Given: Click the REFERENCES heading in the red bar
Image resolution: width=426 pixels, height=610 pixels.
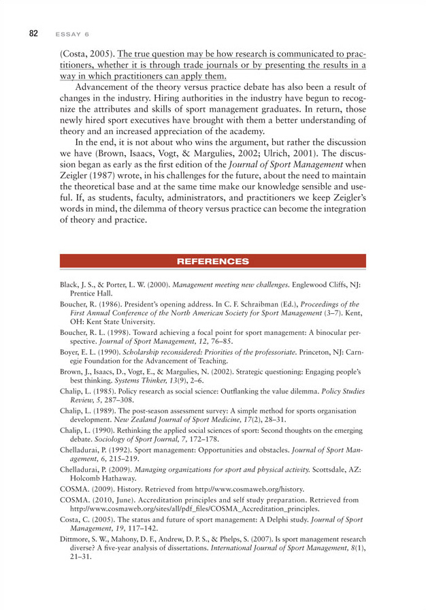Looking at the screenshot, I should click(212, 261).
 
